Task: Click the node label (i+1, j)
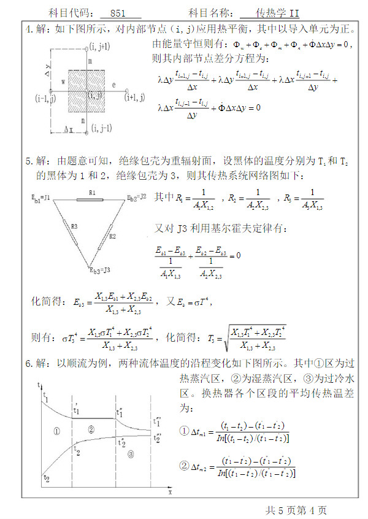(x=134, y=97)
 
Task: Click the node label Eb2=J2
(x=136, y=198)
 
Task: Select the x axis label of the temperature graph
(x=170, y=491)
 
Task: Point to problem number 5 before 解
(x=28, y=161)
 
